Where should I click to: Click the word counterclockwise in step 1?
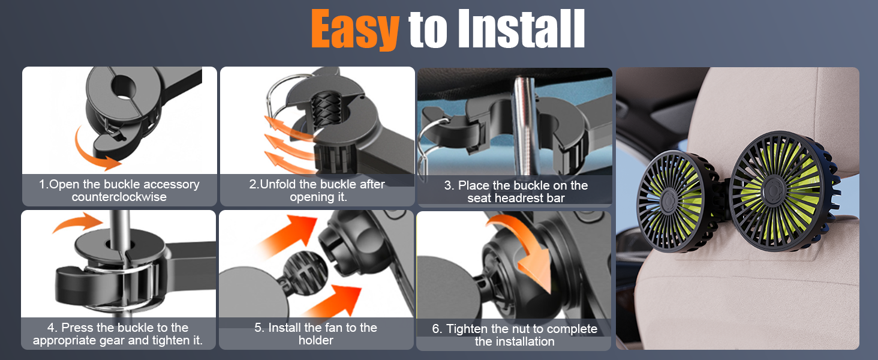pyautogui.click(x=119, y=197)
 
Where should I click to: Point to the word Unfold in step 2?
pyautogui.click(x=280, y=184)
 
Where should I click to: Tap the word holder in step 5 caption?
pyautogui.click(x=315, y=340)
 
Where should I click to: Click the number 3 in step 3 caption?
pyautogui.click(x=447, y=185)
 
